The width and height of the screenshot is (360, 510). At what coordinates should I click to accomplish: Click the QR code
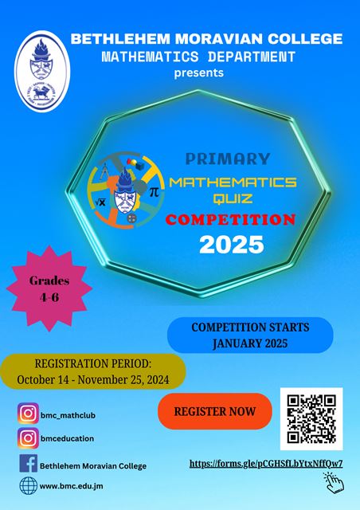click(x=311, y=419)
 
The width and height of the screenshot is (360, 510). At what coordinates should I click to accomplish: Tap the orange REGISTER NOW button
click(x=215, y=411)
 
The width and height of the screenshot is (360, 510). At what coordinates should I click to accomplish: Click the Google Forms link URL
click(x=266, y=464)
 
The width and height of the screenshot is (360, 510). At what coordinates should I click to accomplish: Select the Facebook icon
click(x=29, y=463)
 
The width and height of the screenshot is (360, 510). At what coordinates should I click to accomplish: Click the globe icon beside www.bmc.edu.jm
click(x=29, y=486)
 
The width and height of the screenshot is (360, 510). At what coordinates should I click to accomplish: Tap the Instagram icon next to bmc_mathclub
click(x=29, y=414)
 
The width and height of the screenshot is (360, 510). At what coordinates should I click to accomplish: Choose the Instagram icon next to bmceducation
click(x=29, y=438)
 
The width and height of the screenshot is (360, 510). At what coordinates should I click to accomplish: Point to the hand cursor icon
click(x=334, y=483)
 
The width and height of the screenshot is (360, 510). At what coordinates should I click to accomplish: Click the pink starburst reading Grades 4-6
click(x=49, y=288)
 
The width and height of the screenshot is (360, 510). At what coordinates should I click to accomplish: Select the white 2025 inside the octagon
click(x=231, y=245)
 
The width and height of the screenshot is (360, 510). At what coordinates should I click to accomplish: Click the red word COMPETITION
click(x=230, y=220)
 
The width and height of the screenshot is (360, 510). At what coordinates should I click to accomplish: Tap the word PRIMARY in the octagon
click(x=228, y=159)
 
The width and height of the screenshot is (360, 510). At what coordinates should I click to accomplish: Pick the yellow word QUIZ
click(x=233, y=198)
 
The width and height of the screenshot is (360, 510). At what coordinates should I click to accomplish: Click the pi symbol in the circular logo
click(x=154, y=193)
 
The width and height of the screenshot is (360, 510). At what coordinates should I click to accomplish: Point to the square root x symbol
click(x=101, y=202)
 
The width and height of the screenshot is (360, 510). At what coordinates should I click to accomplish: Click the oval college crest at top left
click(x=42, y=71)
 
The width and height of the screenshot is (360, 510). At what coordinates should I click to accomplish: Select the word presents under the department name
click(x=198, y=73)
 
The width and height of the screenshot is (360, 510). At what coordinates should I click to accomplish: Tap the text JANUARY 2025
click(x=250, y=343)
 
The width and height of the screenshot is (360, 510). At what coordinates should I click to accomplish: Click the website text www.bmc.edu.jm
click(x=71, y=486)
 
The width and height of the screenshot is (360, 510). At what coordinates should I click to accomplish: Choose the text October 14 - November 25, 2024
click(x=93, y=379)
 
